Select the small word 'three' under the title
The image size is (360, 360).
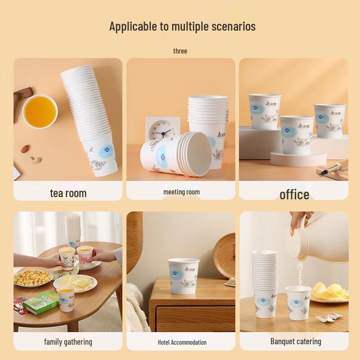180,51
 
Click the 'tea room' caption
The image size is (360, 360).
68,193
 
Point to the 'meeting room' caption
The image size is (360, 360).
181,192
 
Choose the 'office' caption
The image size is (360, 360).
294,194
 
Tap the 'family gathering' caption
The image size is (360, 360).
68,342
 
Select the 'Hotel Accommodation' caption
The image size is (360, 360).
182,342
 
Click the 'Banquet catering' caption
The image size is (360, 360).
296,341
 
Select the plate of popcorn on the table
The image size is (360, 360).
31,278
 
